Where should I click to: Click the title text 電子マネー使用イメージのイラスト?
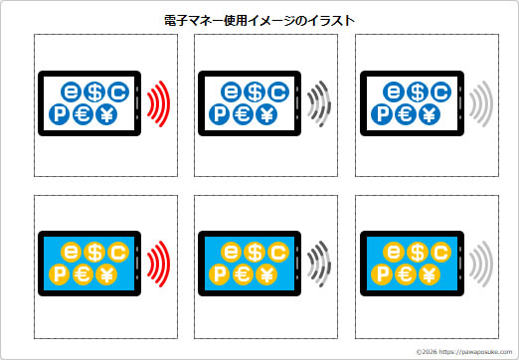(259, 19)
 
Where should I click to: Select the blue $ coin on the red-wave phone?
(95, 91)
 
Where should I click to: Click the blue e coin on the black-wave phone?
(232, 91)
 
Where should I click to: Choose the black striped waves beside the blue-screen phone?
(318, 265)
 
